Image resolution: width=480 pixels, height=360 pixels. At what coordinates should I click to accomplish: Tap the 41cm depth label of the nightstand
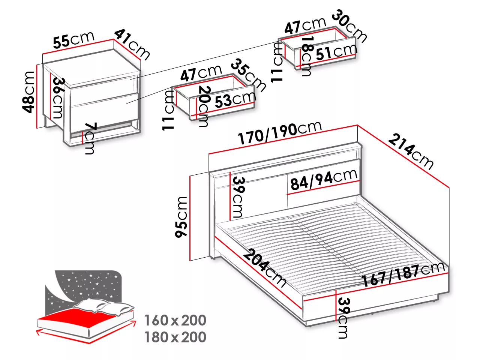(132, 45)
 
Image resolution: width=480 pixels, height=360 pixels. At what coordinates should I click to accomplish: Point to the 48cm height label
(28, 92)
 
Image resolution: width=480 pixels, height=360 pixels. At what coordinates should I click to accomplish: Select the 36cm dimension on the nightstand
(58, 98)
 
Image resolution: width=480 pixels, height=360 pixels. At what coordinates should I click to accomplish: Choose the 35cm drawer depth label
(249, 75)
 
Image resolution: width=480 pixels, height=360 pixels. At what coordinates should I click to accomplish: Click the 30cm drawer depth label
(349, 26)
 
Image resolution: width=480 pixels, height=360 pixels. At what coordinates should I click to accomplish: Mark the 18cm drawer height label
(307, 56)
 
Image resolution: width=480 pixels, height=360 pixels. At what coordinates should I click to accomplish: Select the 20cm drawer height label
(204, 106)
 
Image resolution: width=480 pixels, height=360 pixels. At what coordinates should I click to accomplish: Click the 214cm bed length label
(411, 152)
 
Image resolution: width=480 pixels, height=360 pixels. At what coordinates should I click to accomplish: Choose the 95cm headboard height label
(181, 216)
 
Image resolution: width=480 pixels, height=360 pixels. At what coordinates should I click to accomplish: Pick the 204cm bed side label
(264, 268)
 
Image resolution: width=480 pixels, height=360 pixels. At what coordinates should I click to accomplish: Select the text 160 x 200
(175, 320)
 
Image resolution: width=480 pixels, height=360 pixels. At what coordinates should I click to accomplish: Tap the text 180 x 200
(175, 337)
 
